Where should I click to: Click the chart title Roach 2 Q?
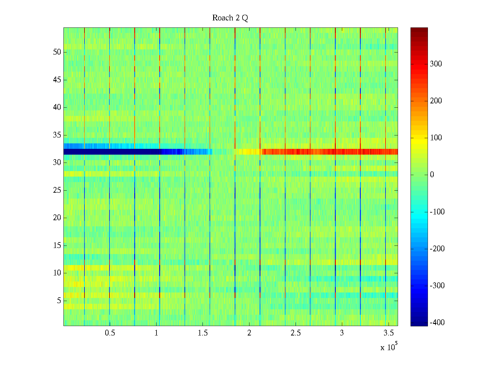coord(230,18)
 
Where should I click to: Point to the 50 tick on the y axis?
coord(57,52)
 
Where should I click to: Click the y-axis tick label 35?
coord(57,135)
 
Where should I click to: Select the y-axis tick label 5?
coord(59,301)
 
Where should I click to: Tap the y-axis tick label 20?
coord(57,218)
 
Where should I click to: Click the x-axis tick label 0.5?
coord(110,333)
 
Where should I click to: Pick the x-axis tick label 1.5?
coord(203,333)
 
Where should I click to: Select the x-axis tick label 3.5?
coord(388,333)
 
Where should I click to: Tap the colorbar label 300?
coord(436,64)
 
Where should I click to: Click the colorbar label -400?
coord(437,323)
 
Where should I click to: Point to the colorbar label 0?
coord(432,175)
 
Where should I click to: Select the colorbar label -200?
coord(437,249)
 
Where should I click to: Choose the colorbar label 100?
coord(436,138)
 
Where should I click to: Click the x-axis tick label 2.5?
coord(295,333)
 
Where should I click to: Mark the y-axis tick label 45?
coord(57,80)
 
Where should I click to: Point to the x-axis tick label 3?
coord(342,333)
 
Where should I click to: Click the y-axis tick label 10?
coord(57,273)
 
